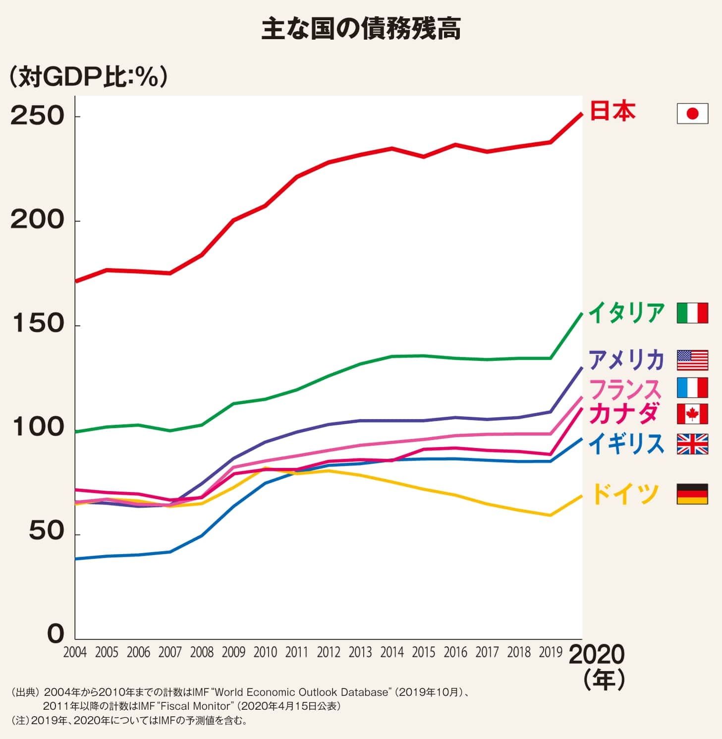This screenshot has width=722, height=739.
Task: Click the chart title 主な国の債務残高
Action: pos(361,29)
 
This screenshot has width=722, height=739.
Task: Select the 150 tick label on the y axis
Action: pos(38,324)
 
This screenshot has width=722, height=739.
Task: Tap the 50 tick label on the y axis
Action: pos(47,531)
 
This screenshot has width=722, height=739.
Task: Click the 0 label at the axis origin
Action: pos(56,634)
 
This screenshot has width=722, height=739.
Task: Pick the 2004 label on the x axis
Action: pos(75,652)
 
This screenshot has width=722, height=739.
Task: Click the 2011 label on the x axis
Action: pos(297,652)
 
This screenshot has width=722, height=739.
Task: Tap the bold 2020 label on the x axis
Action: pos(597,654)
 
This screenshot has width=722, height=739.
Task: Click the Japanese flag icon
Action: pos(692,114)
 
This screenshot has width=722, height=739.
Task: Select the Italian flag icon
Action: pos(692,313)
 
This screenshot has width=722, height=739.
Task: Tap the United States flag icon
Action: pos(692,360)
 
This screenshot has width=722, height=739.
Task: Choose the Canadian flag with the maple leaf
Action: pos(692,414)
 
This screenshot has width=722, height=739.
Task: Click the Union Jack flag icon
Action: pos(692,444)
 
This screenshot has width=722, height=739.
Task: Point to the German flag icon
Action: pos(692,494)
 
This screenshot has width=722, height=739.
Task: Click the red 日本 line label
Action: pos(612,111)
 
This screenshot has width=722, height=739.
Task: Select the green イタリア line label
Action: pos(626,313)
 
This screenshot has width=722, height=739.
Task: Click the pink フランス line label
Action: pos(625,389)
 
